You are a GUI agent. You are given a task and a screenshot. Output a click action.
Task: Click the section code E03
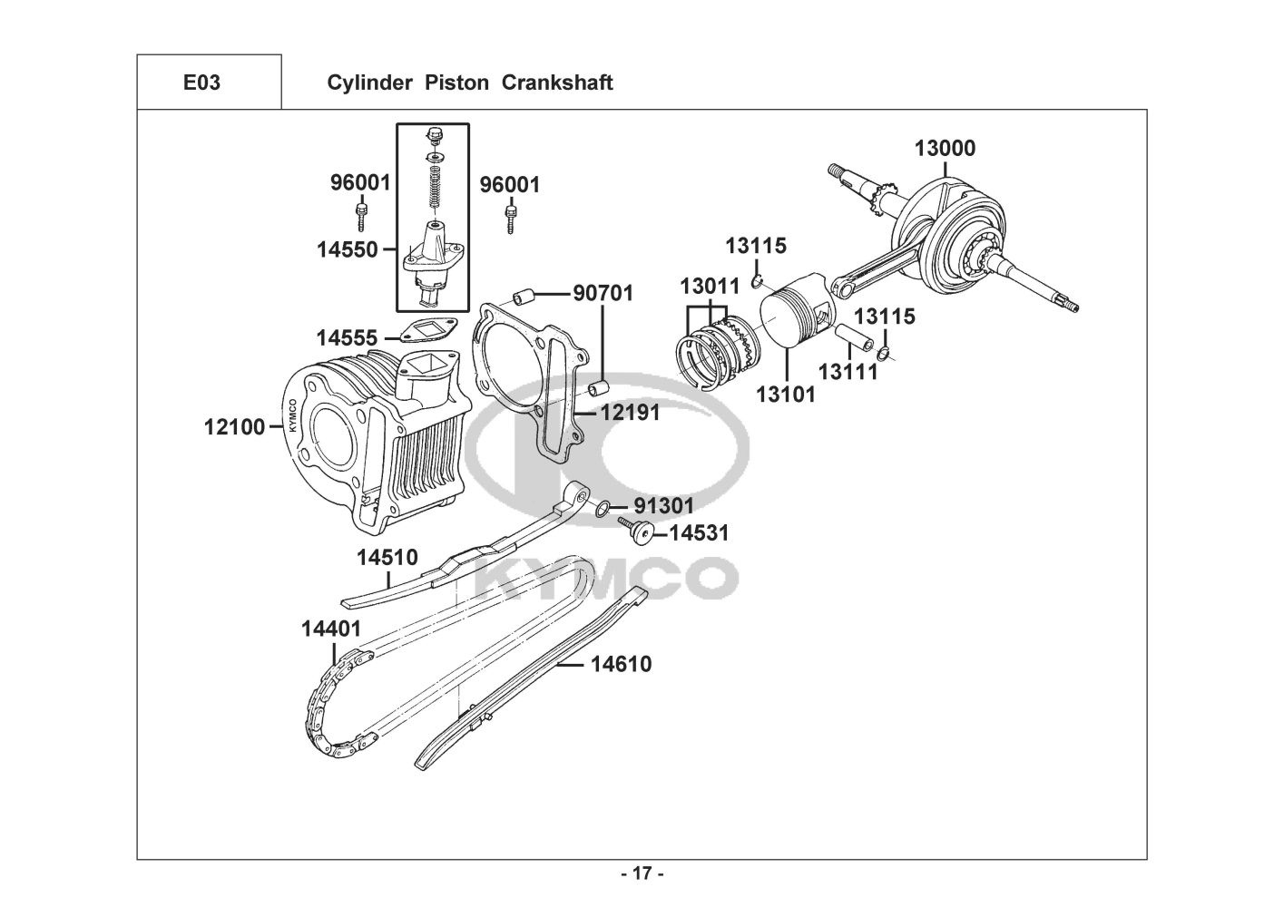(x=201, y=83)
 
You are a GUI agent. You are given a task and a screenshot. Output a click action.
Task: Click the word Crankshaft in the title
(x=557, y=83)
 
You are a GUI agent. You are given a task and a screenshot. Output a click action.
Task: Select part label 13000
(x=945, y=149)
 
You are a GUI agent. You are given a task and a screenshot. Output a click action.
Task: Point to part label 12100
(x=234, y=427)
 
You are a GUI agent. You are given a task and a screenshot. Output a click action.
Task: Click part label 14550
(x=348, y=249)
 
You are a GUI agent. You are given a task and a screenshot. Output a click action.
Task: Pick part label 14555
(x=347, y=337)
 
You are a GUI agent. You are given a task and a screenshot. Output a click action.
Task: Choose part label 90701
(x=603, y=293)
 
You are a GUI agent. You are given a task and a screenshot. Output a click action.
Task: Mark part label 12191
(x=630, y=413)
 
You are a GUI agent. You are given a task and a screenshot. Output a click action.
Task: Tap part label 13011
(x=710, y=287)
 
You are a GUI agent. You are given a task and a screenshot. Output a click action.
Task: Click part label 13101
(x=785, y=395)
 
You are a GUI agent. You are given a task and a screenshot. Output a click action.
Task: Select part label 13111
(x=848, y=373)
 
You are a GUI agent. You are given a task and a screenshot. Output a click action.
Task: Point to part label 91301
(x=664, y=506)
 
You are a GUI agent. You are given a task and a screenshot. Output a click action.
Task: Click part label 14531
(x=700, y=533)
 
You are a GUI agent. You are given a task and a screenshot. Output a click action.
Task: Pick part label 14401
(x=331, y=629)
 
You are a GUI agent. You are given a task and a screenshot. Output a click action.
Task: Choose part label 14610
(x=622, y=665)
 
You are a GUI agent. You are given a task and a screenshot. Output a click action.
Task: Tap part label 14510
(x=387, y=558)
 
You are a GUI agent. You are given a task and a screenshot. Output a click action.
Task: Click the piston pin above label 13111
(x=854, y=338)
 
